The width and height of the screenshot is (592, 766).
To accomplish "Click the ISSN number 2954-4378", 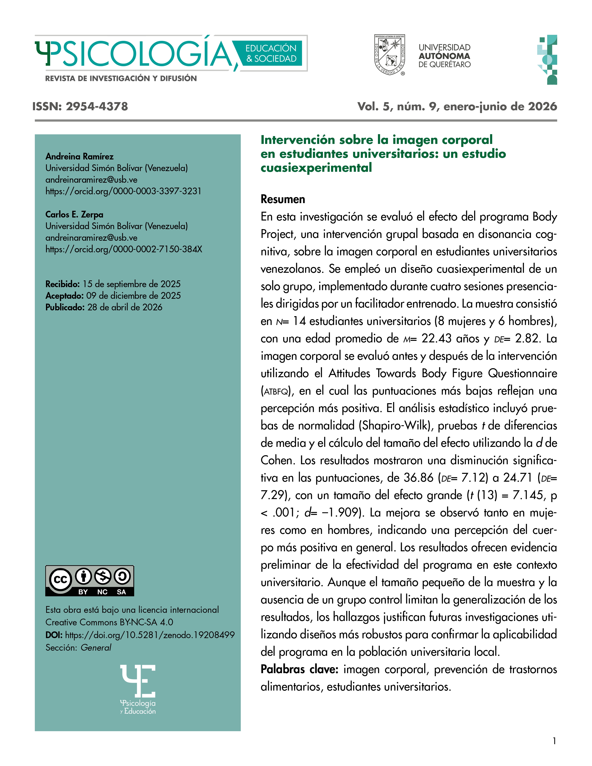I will pyautogui.click(x=97, y=106).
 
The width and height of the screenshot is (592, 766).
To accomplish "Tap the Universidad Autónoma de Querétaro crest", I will pyautogui.click(x=390, y=55).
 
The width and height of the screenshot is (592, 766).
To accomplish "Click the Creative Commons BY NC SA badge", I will pyautogui.click(x=89, y=581).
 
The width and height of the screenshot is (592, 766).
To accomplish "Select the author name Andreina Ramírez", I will pyautogui.click(x=79, y=156).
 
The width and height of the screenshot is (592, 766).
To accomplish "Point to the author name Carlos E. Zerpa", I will pyautogui.click(x=74, y=214).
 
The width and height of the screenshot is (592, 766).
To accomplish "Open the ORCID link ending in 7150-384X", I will pyautogui.click(x=124, y=249).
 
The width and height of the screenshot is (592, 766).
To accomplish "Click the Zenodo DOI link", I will pyautogui.click(x=150, y=635).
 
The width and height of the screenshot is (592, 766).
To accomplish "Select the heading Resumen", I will pyautogui.click(x=283, y=199).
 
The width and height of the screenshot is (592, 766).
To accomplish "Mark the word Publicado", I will pyautogui.click(x=65, y=307).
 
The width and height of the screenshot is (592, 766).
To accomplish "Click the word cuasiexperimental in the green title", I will pyautogui.click(x=316, y=168).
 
